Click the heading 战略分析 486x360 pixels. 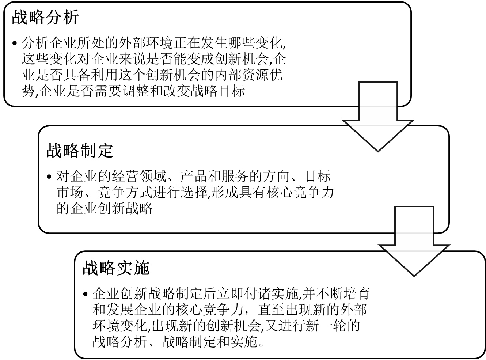tap(45, 18)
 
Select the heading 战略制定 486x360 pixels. tap(80, 151)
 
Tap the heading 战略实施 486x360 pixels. tap(116, 268)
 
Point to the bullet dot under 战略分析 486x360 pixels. tap(14, 43)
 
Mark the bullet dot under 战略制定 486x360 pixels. tap(49, 177)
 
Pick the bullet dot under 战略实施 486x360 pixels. tap(86, 294)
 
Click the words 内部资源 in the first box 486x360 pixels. tap(241, 75)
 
